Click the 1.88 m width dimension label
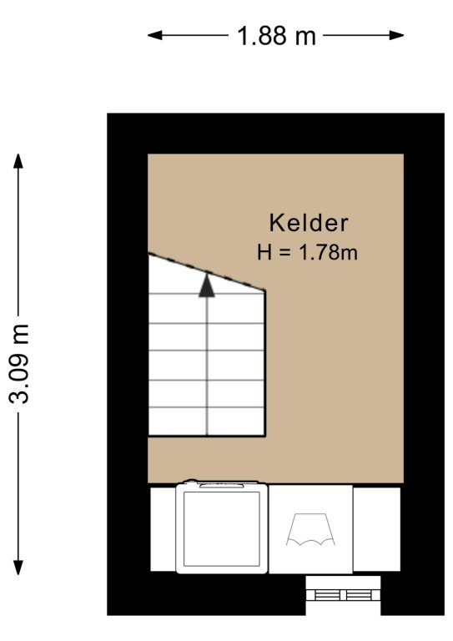coord(276,36)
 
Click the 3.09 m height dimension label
coord(19,364)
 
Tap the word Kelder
coord(309,223)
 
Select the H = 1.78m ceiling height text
coord(307,252)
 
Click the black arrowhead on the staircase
coord(207,285)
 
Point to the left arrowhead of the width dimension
coord(155,36)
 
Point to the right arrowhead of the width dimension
coord(396,36)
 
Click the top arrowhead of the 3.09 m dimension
coord(18,161)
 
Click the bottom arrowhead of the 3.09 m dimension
coord(18,568)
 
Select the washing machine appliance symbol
coord(222,527)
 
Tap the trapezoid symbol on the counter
coord(310,529)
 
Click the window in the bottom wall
coord(343,588)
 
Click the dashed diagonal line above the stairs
coord(207,272)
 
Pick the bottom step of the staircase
coord(207,421)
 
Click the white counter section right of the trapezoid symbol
coord(376,529)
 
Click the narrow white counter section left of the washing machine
coord(163,529)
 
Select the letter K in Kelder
coord(276,223)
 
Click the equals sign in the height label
coord(285,253)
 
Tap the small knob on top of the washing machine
coord(191,481)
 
